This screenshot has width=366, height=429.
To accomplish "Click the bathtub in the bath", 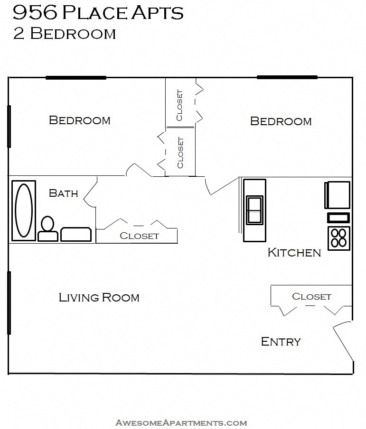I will point(23,210).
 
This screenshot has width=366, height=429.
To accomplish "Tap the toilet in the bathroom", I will point(47,229).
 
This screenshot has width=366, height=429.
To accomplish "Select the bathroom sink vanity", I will point(76,234).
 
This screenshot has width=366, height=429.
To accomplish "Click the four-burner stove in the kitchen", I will point(338,237).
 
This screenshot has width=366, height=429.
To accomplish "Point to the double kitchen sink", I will point(254,209).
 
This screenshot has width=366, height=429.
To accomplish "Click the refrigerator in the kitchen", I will point(337,195).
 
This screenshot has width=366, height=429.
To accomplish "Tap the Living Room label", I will point(99,298).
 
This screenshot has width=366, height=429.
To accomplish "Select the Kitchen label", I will point(294,252).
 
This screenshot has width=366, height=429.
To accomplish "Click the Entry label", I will point(281,341).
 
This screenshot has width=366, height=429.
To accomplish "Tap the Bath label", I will point(64,193).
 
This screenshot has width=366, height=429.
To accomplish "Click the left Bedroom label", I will point(80,120).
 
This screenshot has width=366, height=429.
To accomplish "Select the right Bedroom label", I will point(281,121).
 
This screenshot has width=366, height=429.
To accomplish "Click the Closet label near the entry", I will point(311,296).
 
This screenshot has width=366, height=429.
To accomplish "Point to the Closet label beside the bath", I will point(139,236).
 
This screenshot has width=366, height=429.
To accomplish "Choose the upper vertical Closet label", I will point(179,105).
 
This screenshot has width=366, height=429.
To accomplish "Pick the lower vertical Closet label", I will point(180,153).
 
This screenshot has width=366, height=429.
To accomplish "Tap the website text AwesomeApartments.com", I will point(181,422).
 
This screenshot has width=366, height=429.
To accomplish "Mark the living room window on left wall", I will point(9,302).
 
